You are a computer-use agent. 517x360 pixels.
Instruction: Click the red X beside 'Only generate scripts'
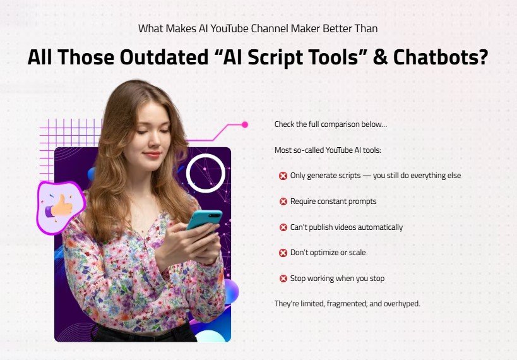click(283, 176)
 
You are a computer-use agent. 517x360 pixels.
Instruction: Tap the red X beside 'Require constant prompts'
click(283, 201)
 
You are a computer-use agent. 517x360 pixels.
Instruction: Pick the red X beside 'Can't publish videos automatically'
click(283, 227)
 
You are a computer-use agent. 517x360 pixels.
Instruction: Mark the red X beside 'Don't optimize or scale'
click(283, 253)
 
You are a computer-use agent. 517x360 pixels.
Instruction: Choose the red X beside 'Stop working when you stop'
click(283, 279)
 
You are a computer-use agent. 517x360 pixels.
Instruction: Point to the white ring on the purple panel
click(206, 172)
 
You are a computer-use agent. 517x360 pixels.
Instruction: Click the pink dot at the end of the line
click(245, 124)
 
